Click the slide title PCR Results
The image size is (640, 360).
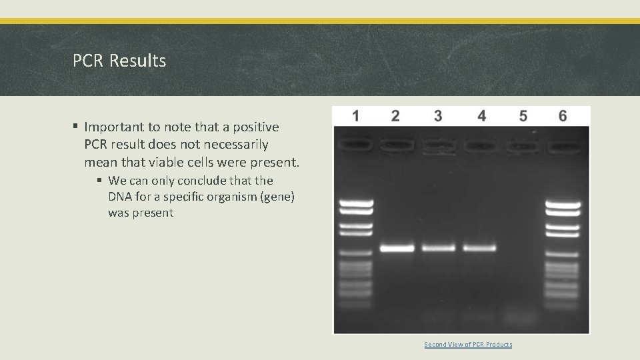(119, 61)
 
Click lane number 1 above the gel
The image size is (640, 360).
(355, 116)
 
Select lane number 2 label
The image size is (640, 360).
(395, 116)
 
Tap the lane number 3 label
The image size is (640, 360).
(437, 116)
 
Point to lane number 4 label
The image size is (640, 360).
(481, 116)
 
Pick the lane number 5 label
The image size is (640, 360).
(523, 116)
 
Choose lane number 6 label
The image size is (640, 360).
(563, 116)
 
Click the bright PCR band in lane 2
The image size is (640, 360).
(397, 248)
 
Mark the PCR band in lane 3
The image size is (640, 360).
(438, 248)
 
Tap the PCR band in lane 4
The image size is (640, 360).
(480, 248)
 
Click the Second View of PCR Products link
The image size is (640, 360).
(468, 344)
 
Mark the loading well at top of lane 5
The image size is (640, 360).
(522, 144)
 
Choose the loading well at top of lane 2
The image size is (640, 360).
(396, 143)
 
